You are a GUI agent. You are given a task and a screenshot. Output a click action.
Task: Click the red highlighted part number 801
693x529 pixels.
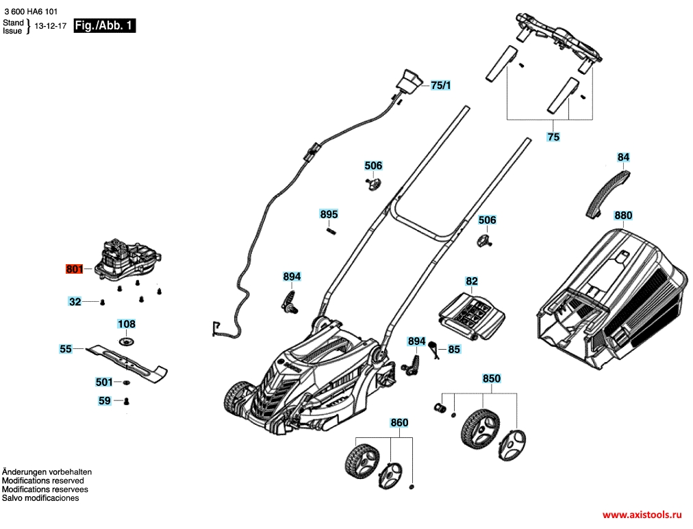pyautogui.click(x=74, y=268)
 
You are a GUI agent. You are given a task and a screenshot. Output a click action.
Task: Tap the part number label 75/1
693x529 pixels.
pyautogui.click(x=440, y=86)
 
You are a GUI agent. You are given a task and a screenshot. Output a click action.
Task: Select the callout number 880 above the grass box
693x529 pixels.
pyautogui.click(x=623, y=216)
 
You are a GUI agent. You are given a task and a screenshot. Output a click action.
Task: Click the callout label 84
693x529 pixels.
pyautogui.click(x=623, y=157)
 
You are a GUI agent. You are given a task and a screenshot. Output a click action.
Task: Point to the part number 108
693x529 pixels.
pyautogui.click(x=127, y=324)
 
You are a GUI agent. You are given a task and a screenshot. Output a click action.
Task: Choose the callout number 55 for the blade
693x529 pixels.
pyautogui.click(x=66, y=349)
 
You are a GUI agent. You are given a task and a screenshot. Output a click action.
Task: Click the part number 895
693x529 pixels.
pyautogui.click(x=329, y=214)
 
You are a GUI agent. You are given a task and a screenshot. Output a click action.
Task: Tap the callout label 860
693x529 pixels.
pyautogui.click(x=399, y=422)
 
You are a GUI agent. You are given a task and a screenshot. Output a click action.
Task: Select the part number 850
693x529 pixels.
pyautogui.click(x=492, y=378)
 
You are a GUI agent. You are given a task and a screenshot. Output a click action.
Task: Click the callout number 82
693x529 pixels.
pyautogui.click(x=472, y=281)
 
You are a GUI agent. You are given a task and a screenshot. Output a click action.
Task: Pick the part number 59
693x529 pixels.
pyautogui.click(x=104, y=400)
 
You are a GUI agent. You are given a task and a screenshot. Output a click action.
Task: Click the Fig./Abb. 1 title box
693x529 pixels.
pyautogui.click(x=104, y=25)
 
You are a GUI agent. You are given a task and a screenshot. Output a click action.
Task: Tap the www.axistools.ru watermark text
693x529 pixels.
pyautogui.click(x=642, y=515)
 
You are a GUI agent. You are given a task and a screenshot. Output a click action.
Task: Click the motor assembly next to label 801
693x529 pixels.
pyautogui.click(x=128, y=261)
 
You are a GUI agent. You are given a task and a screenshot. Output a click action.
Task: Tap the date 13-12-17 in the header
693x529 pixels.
pyautogui.click(x=51, y=26)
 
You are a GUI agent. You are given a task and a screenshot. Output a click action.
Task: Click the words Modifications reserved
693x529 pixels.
pyautogui.click(x=43, y=480)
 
